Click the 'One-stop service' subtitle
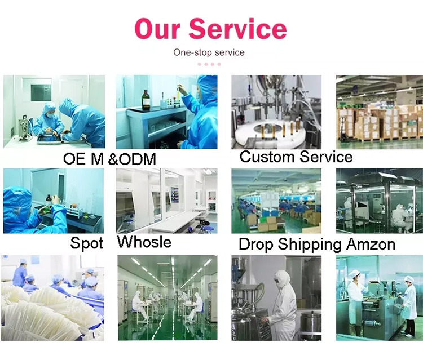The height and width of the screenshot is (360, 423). point(209,52)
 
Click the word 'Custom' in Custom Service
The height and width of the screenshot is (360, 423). point(267,157)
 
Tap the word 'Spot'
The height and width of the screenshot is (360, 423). point(87,243)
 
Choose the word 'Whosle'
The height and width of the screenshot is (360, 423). point(144,242)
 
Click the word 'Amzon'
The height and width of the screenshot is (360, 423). point(370,245)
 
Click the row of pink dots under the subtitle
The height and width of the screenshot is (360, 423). point(209,64)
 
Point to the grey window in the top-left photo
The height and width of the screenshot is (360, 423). point(41,92)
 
